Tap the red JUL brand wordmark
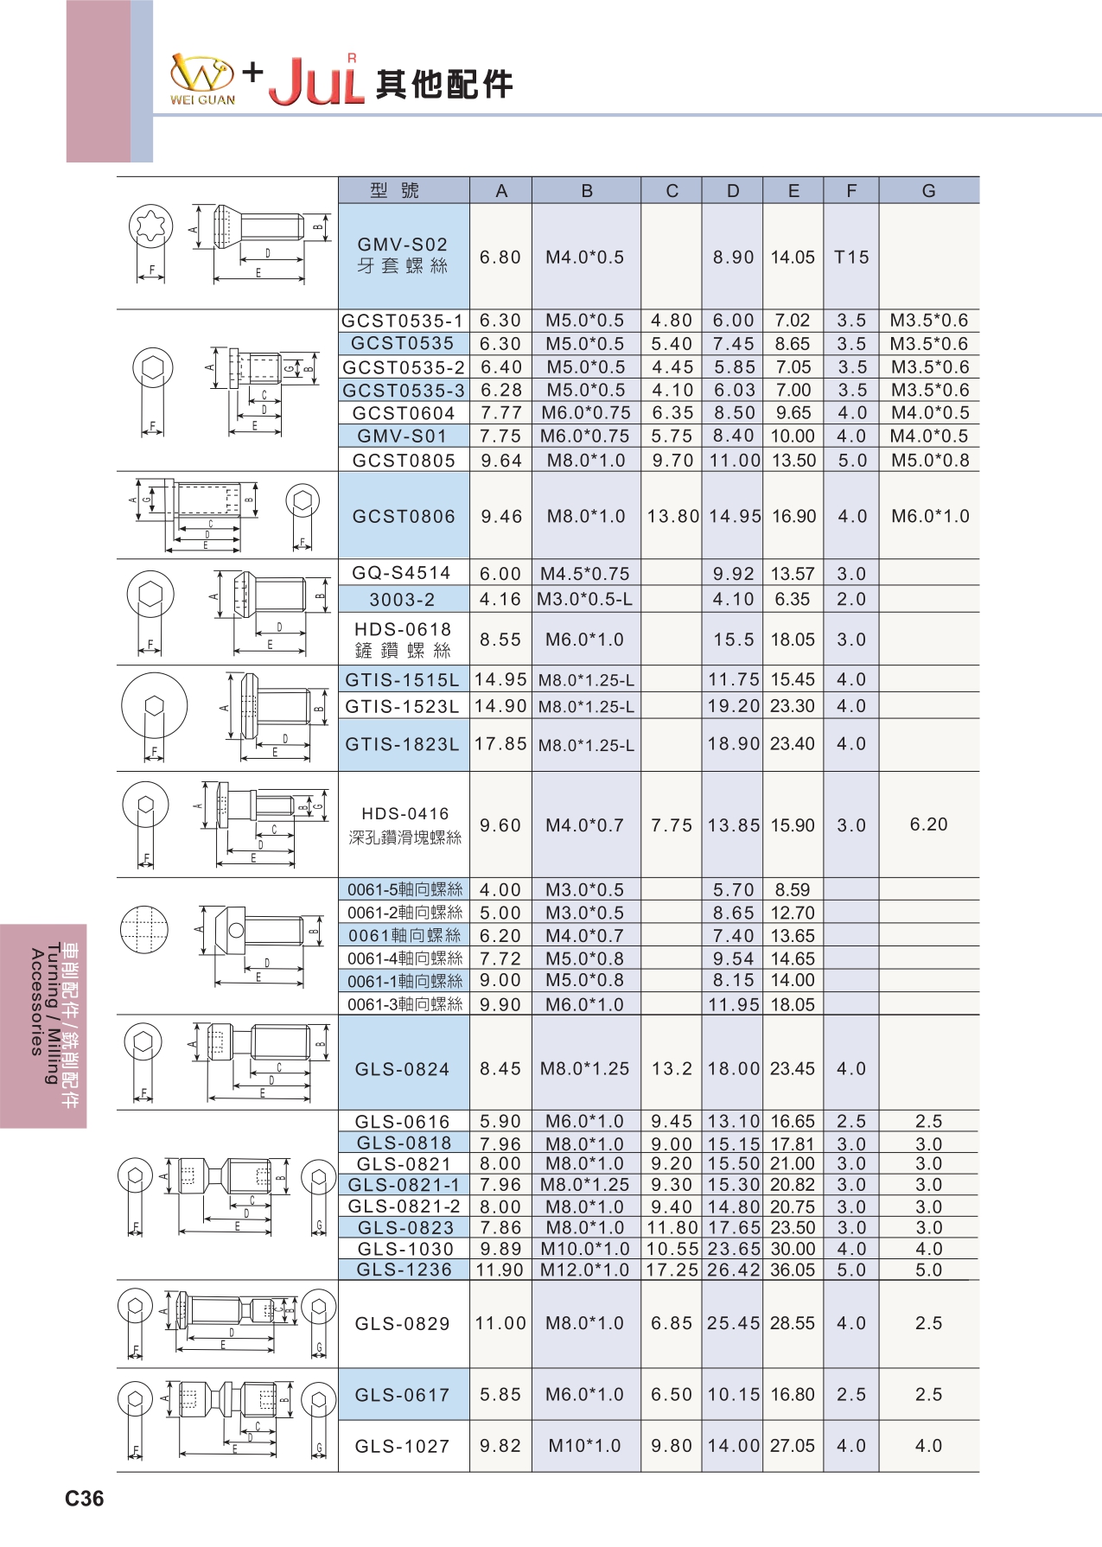[316, 82]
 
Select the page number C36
[84, 1499]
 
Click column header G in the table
[928, 191]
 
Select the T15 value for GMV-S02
[850, 258]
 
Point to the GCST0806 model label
[404, 517]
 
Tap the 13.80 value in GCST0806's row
[672, 517]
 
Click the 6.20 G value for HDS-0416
[928, 824]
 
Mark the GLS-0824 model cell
[403, 1070]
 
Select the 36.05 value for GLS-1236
[793, 1270]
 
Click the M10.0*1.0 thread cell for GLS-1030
[585, 1249]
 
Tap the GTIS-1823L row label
[403, 744]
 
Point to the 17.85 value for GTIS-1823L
[500, 744]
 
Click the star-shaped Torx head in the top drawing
[150, 227]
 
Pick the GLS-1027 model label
[403, 1446]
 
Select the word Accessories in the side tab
[36, 1003]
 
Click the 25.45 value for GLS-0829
[733, 1323]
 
